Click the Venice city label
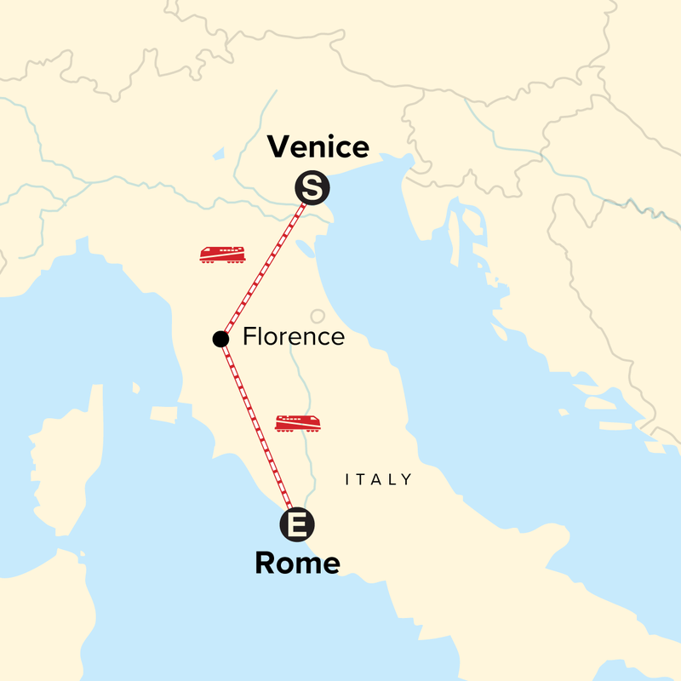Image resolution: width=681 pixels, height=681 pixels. [318, 147]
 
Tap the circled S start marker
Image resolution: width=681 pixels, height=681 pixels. [312, 189]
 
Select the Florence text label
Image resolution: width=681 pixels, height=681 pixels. [294, 336]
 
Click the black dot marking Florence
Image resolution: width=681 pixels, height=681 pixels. [220, 339]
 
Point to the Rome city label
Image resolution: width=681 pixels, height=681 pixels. [297, 563]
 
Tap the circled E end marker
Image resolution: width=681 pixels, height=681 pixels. [296, 524]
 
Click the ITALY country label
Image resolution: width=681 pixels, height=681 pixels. [379, 480]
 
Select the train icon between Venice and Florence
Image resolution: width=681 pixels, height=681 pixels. [223, 255]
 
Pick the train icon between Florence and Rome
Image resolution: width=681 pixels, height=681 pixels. [298, 423]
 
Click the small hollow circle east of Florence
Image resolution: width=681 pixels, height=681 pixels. [318, 316]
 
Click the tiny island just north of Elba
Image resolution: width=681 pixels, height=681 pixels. [136, 387]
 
